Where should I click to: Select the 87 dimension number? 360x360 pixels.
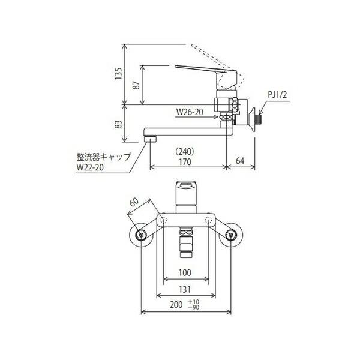tap(136, 85)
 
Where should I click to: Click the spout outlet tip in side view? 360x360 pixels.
tap(149, 139)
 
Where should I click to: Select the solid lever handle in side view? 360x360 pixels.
tap(207, 71)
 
